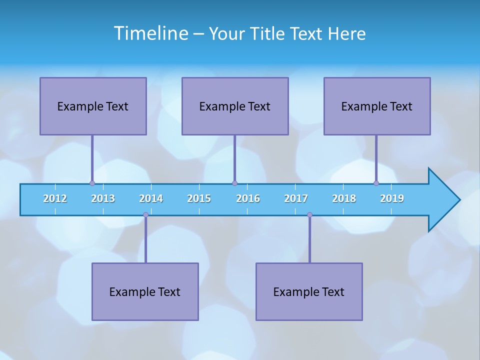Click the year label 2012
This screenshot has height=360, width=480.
tap(55, 198)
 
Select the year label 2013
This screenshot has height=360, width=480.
tap(103, 198)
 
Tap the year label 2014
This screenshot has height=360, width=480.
tap(151, 198)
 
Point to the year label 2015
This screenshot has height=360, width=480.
tap(199, 198)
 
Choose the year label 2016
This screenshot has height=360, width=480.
tap(248, 198)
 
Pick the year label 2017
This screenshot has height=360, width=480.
tap(296, 198)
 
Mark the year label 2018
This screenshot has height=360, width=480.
tap(344, 198)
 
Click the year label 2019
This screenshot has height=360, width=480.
tap(392, 198)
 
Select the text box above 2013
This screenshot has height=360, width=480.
tap(93, 106)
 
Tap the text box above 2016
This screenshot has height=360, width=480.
tap(235, 106)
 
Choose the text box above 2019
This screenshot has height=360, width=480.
tap(377, 106)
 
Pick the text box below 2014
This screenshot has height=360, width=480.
tap(145, 291)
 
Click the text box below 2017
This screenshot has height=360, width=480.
tap(309, 291)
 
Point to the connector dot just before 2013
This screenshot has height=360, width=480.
tap(92, 183)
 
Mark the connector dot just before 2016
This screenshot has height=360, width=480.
tap(234, 183)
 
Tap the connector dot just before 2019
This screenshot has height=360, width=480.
tap(376, 183)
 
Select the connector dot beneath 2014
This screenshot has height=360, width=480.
tap(145, 215)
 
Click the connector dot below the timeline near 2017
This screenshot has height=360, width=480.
tap(309, 215)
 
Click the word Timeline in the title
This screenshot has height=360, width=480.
tap(151, 33)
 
